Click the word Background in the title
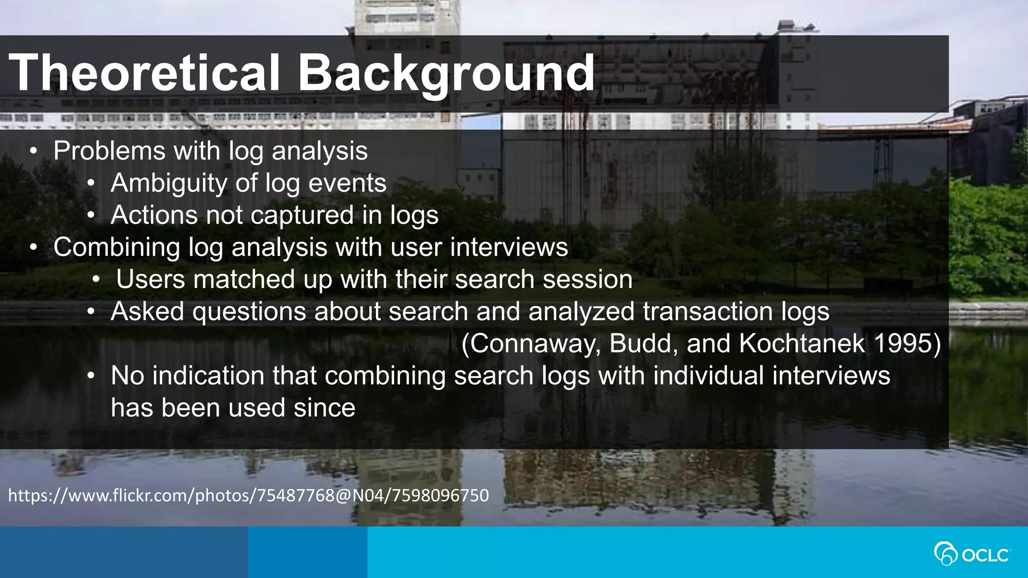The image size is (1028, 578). pos(446,73)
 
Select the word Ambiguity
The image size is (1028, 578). pos(169,183)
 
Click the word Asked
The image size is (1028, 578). pos(147,312)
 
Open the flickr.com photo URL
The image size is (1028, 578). pos(248,496)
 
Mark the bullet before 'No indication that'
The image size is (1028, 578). pos(90,376)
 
